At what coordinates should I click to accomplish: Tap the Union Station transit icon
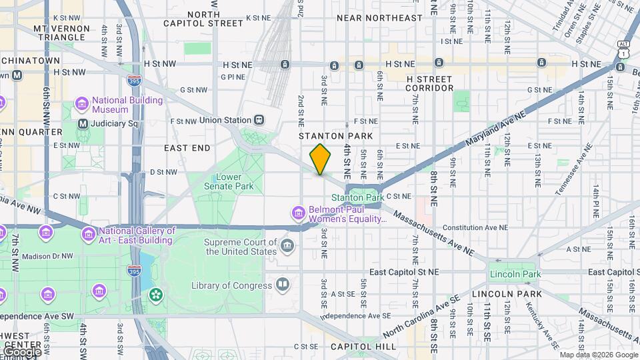click(x=257, y=120)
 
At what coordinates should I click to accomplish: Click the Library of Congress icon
click(x=283, y=285)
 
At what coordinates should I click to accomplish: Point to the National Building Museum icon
click(x=82, y=104)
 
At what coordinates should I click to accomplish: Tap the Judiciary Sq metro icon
click(x=83, y=123)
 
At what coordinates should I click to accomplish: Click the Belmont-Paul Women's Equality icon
click(x=299, y=213)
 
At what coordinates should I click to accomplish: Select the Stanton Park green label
click(x=357, y=197)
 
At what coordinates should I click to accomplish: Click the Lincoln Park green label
click(x=515, y=274)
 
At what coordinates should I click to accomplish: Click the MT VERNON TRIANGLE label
click(x=62, y=34)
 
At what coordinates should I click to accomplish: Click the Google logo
click(x=21, y=351)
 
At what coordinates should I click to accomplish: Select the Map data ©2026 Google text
click(x=598, y=355)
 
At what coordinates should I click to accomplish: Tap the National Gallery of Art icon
click(x=88, y=235)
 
